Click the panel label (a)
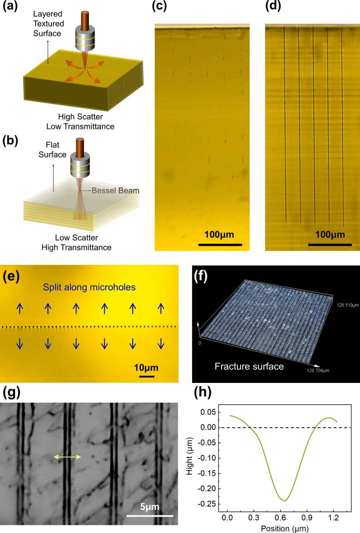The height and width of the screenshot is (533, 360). tap(10, 6)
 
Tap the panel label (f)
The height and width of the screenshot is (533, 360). tap(200, 276)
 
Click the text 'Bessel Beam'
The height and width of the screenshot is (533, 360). tap(115, 190)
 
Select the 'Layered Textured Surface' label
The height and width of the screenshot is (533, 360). tap(48, 23)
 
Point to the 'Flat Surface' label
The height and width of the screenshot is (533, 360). tap(52, 150)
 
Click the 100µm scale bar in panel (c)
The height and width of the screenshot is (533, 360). tap(220, 244)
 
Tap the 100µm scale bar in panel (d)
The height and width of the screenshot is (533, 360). tap(330, 244)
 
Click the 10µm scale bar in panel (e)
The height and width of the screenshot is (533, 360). tap(146, 376)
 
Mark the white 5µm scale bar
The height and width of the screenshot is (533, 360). tap(150, 516)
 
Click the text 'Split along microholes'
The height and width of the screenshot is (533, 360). tap(89, 287)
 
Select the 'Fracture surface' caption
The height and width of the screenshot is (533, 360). tap(249, 366)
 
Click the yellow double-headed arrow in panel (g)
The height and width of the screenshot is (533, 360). tap(67, 457)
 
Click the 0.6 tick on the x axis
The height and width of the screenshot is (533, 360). tap(280, 518)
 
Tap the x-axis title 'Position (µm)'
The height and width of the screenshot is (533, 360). tap(285, 528)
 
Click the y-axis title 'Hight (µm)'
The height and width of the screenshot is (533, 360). tap(189, 456)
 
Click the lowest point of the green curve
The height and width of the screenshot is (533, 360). tap(285, 501)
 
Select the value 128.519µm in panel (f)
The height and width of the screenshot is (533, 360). tap(347, 305)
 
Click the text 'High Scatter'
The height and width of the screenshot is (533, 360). tap(80, 117)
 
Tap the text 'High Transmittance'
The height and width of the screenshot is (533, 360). tap(76, 247)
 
